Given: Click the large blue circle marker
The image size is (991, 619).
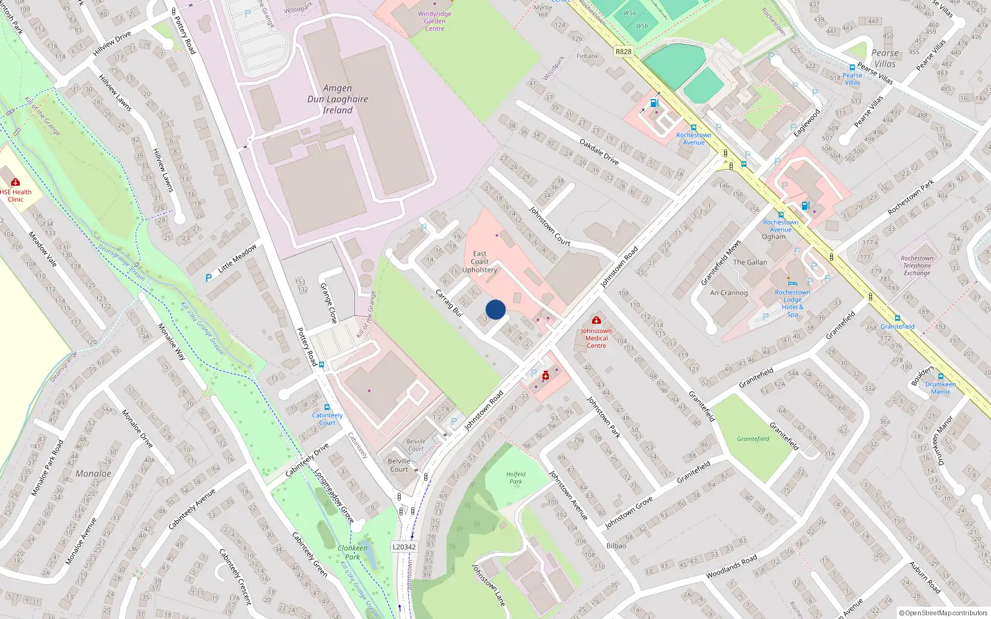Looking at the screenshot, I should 495,309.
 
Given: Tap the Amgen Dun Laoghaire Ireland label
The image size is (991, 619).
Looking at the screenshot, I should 338,99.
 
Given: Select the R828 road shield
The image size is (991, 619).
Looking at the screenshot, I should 623,51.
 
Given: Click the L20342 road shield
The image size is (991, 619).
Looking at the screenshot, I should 404,547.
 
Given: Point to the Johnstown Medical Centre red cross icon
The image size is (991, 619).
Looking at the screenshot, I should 596,320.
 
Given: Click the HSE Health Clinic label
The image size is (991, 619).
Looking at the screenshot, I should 15,196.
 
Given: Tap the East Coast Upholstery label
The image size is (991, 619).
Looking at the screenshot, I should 479,262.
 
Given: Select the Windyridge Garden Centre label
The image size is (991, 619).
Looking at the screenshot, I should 434,21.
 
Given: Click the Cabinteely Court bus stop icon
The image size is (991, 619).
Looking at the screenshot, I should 327,407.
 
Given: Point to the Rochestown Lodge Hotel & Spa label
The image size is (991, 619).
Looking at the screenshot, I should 792,303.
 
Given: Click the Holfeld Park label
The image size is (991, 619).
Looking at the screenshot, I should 515,478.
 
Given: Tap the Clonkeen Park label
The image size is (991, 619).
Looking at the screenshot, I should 352,552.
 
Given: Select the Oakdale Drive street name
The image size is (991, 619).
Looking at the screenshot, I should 599,152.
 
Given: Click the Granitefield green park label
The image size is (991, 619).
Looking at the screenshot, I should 753,439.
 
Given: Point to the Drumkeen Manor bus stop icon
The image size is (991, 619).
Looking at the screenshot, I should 940,376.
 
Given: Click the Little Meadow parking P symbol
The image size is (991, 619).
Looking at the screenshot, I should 209,278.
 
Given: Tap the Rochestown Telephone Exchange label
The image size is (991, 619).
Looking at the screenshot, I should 917,266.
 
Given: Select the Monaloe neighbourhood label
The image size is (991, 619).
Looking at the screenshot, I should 94,474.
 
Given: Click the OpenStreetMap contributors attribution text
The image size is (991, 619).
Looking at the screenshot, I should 943,613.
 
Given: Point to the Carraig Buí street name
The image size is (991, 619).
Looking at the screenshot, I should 449,303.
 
